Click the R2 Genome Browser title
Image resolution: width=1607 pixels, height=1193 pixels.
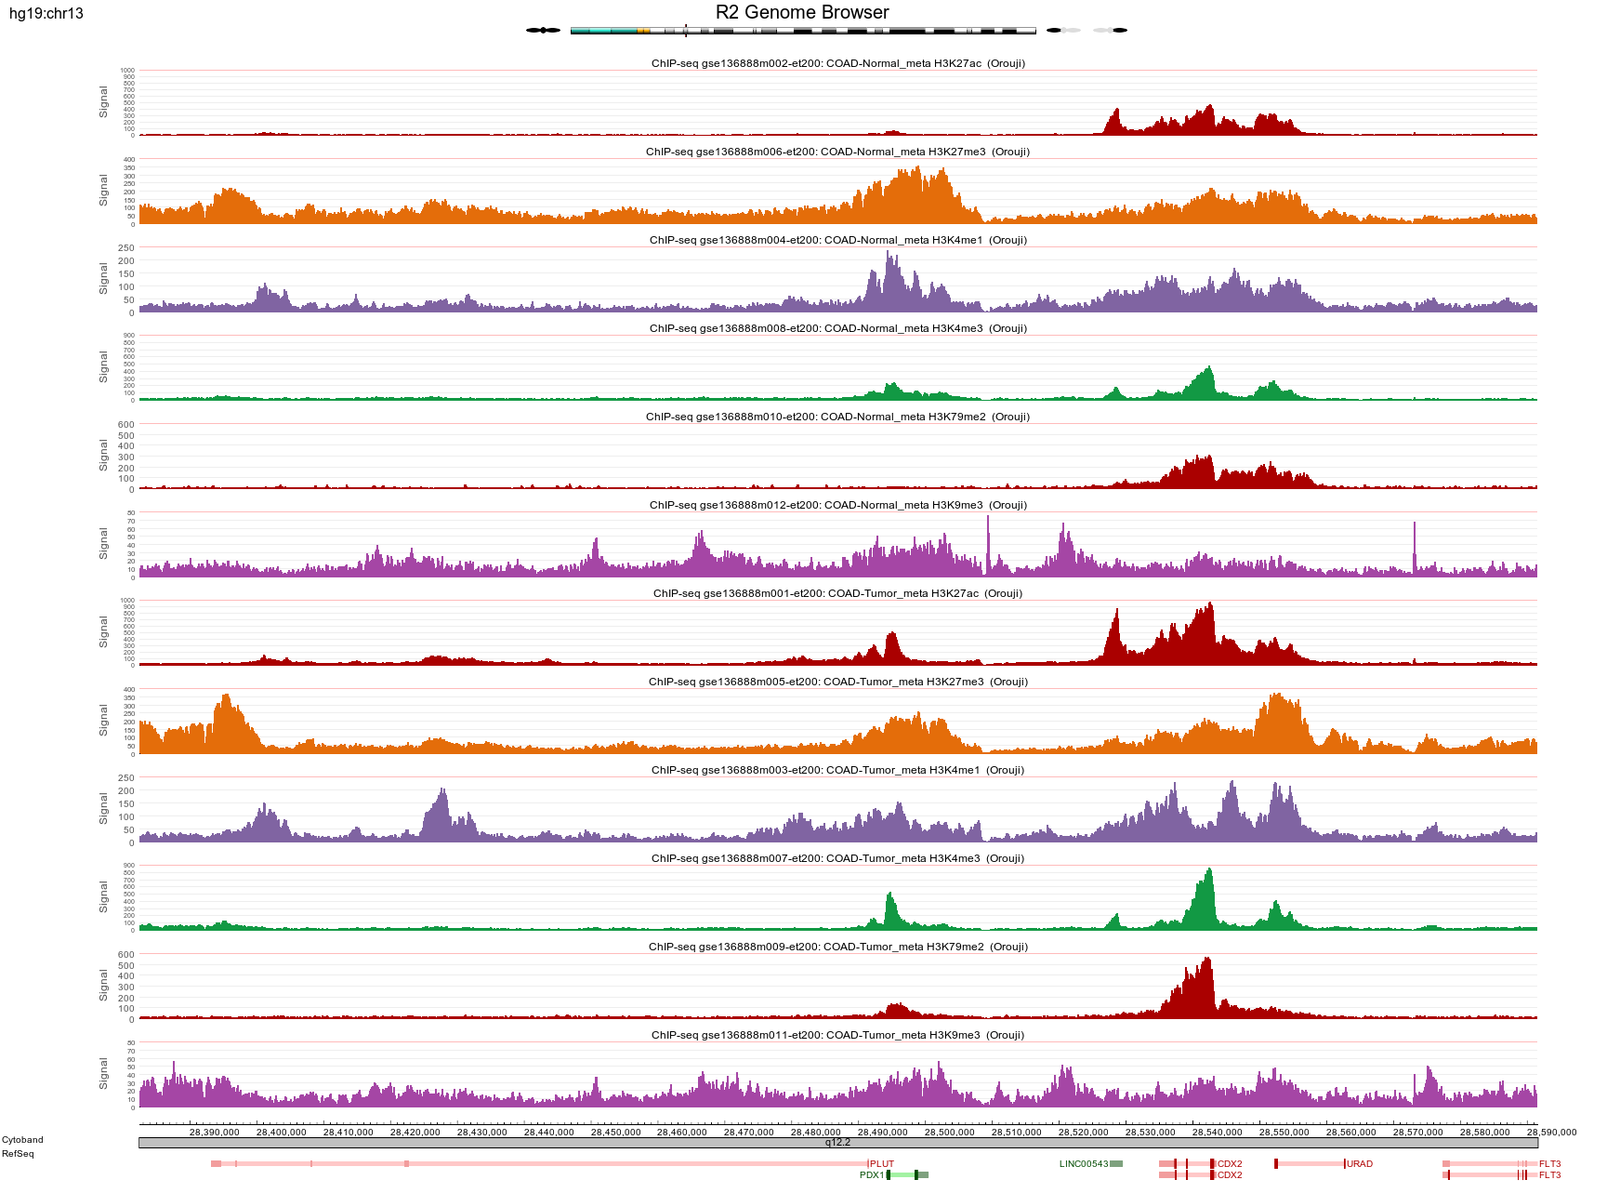[x=801, y=12]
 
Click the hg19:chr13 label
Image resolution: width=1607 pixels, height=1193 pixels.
[x=46, y=14]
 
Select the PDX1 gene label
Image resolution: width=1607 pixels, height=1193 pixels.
[x=871, y=1175]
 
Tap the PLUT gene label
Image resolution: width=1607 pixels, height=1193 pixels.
[x=882, y=1164]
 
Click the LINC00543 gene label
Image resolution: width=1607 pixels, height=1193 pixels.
[x=1083, y=1164]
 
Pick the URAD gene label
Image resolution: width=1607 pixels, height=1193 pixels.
[x=1360, y=1164]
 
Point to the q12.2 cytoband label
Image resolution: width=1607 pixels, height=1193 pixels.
[x=837, y=1143]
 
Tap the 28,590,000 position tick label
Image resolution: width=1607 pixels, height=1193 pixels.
[x=1551, y=1132]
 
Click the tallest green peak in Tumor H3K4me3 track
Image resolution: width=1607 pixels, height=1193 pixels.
[x=1209, y=871]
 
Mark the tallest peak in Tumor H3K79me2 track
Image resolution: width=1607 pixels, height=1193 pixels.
[x=1207, y=960]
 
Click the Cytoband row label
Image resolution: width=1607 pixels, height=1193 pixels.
[x=22, y=1140]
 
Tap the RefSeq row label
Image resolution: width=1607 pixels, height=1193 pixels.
[x=18, y=1154]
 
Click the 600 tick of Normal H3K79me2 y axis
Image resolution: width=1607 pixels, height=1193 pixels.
[x=125, y=425]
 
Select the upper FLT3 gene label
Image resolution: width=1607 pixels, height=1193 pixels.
[x=1549, y=1164]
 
